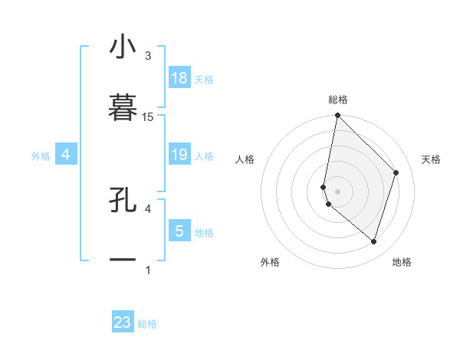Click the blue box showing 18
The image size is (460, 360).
[179, 78]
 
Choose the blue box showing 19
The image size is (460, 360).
[179, 155]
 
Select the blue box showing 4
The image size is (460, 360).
[66, 155]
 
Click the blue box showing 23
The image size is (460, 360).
[123, 322]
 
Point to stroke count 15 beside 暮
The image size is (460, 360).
[148, 117]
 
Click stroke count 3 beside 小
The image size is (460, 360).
[148, 56]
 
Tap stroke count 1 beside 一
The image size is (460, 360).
[148, 270]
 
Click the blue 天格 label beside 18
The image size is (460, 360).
[204, 80]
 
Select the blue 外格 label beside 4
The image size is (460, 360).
[41, 156]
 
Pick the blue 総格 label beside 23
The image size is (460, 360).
[147, 324]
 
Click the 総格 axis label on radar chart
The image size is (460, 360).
[338, 100]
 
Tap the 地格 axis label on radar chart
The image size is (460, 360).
[402, 262]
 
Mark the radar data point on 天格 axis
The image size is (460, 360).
[396, 172]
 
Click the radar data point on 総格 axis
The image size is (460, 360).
[338, 115]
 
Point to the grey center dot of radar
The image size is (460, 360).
[338, 191]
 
